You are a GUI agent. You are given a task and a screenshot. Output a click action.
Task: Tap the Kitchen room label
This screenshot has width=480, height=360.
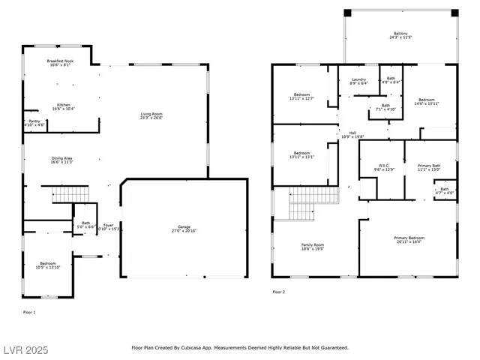[x=63, y=106]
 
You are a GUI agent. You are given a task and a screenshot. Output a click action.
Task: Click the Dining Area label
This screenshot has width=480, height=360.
[x=62, y=159]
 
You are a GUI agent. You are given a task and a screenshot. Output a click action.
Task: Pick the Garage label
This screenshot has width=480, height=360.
[x=184, y=228]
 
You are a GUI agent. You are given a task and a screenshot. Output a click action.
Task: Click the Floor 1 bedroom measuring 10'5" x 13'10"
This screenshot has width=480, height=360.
[x=48, y=265]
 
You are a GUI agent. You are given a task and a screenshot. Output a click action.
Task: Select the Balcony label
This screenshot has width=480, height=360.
[x=401, y=34]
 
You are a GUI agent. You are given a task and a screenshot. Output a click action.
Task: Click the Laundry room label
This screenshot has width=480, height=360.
[x=358, y=81]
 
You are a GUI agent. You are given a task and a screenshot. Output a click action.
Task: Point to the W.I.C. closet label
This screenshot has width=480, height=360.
[x=383, y=166]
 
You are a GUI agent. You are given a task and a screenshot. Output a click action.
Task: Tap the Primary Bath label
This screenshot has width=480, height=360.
[x=429, y=166]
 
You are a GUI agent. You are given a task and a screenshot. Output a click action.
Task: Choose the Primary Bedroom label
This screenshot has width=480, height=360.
[x=408, y=239]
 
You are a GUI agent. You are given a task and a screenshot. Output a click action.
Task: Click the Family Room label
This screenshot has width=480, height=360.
[x=313, y=247]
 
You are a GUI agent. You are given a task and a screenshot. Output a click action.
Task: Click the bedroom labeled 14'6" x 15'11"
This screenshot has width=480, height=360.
[x=427, y=101]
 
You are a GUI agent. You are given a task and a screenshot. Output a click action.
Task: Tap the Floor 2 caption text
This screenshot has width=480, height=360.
[x=277, y=292]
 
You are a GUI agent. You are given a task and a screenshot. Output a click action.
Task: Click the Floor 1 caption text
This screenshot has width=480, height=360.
[x=29, y=311]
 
